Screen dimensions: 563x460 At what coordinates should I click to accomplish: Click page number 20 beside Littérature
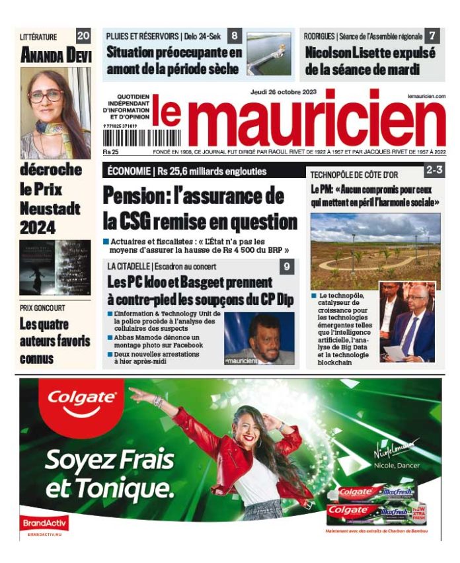click(83, 36)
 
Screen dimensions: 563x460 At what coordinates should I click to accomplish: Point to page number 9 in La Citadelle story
click(287, 267)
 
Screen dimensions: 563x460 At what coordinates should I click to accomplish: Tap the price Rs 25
click(110, 152)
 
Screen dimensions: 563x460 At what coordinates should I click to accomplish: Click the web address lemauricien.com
click(426, 97)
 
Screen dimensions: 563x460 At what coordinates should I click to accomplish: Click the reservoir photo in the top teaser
click(269, 54)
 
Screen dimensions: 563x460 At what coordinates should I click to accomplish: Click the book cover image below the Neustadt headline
click(55, 267)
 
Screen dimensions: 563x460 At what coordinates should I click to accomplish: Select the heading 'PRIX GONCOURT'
click(43, 308)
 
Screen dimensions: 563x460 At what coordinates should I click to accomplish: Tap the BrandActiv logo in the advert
click(43, 523)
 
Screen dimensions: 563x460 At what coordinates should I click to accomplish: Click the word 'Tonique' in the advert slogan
click(129, 489)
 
